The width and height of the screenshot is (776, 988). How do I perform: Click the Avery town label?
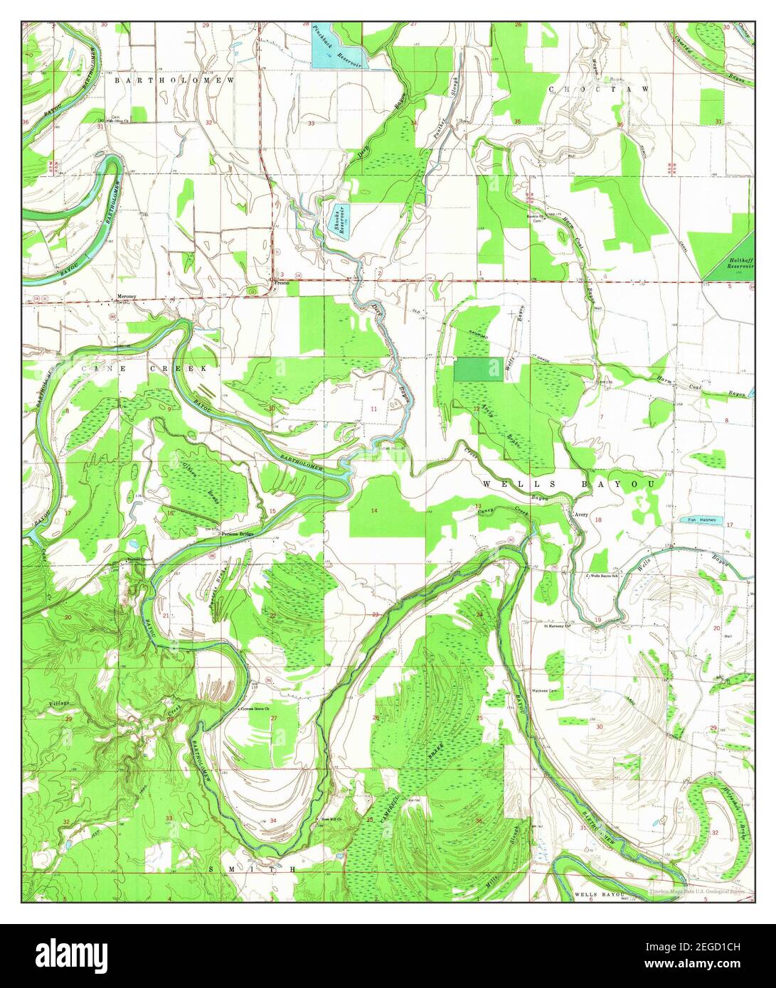coord(581,517)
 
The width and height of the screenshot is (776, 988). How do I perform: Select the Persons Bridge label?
coord(237,533)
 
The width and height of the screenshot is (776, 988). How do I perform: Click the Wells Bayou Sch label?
coord(606,576)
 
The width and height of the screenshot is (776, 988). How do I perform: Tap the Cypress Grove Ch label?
coord(257,709)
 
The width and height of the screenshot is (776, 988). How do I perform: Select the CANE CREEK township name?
coord(144,369)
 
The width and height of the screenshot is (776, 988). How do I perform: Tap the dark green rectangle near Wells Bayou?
coord(478,370)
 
